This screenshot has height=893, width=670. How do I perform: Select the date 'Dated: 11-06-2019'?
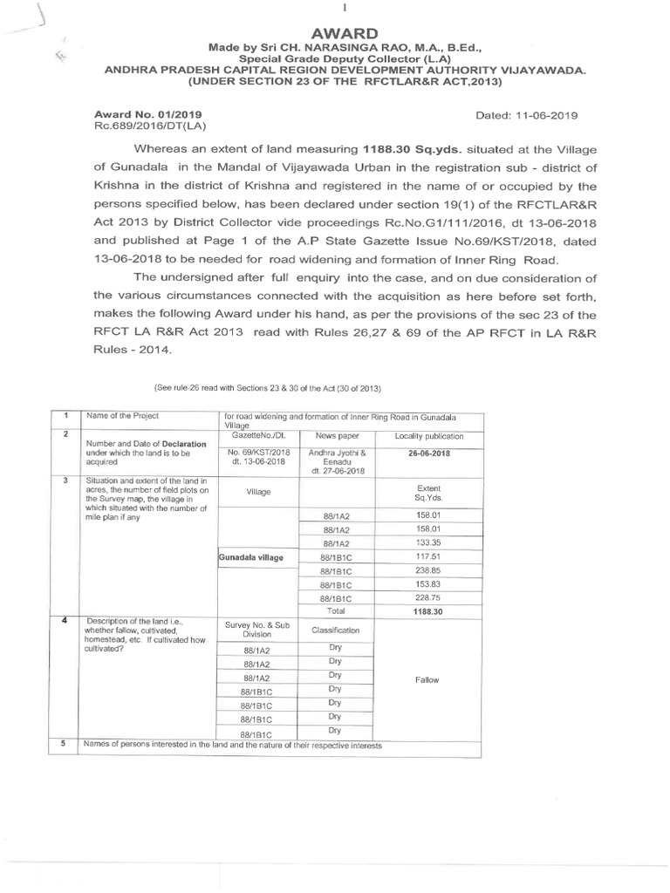pos(525,115)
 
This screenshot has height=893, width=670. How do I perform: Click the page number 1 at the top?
pos(334,7)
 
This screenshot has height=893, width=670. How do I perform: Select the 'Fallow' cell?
pos(427,679)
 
